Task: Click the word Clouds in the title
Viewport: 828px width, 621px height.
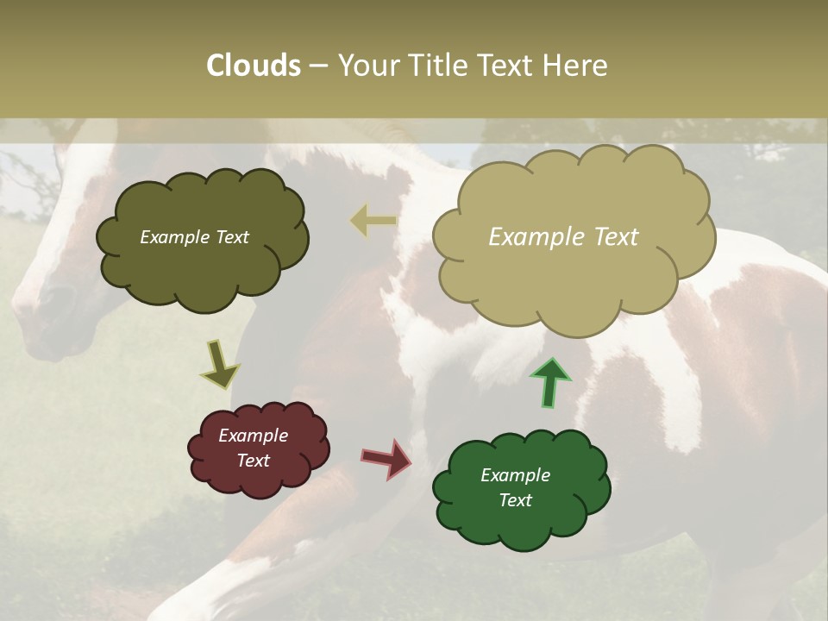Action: click(254, 66)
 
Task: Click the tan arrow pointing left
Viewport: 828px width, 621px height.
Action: click(373, 222)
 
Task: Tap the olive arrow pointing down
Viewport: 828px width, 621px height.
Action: click(221, 364)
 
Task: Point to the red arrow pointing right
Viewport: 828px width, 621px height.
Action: click(387, 457)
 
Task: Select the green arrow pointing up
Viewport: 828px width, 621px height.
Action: click(550, 382)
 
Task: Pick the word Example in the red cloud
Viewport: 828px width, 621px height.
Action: click(253, 436)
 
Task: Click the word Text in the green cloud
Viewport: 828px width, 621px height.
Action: click(515, 500)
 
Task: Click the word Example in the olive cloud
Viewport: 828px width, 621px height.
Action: click(175, 237)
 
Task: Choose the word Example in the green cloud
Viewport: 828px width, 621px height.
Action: click(515, 475)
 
